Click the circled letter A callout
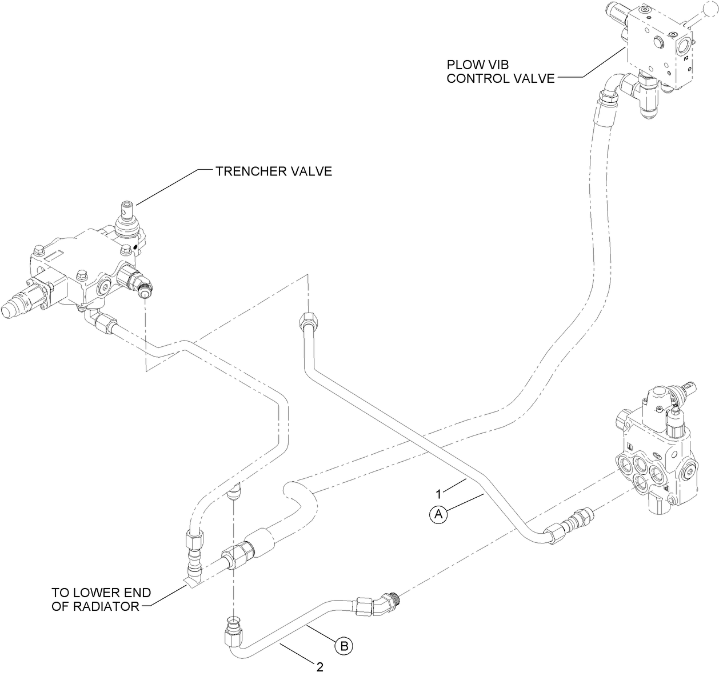coord(438,514)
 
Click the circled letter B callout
coord(344,646)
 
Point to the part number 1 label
coord(438,493)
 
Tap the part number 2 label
coord(320,666)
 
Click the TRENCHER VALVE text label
coord(273,171)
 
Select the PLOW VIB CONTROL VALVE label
coord(501,71)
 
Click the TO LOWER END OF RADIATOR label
coord(101,599)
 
